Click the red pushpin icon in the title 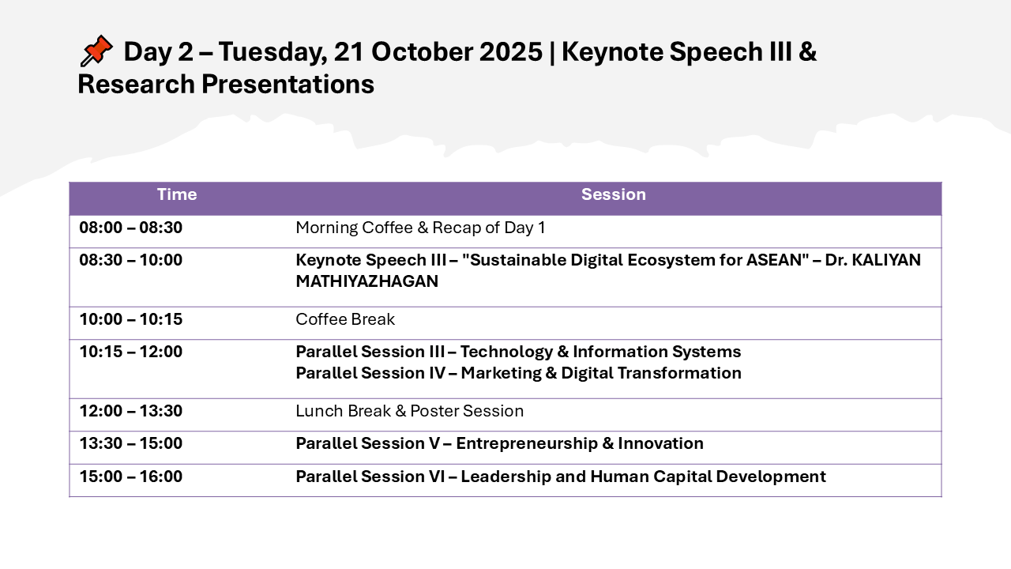coord(96,51)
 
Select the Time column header coord(177,194)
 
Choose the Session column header coord(614,194)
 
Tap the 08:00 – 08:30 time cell coord(131,228)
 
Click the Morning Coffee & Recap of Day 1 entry coord(420,228)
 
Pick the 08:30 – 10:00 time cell coord(131,260)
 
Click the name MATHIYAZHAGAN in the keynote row coord(367,281)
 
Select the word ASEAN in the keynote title coord(775,260)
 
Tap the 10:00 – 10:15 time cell coord(131,319)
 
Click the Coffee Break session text coord(345,319)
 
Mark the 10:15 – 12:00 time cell coord(131,352)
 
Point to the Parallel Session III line coord(518,352)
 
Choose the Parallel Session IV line coord(519,373)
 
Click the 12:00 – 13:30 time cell coord(131,411)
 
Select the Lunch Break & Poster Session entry coord(409,411)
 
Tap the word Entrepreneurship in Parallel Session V coord(527,443)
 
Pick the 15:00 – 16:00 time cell coord(131,477)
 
